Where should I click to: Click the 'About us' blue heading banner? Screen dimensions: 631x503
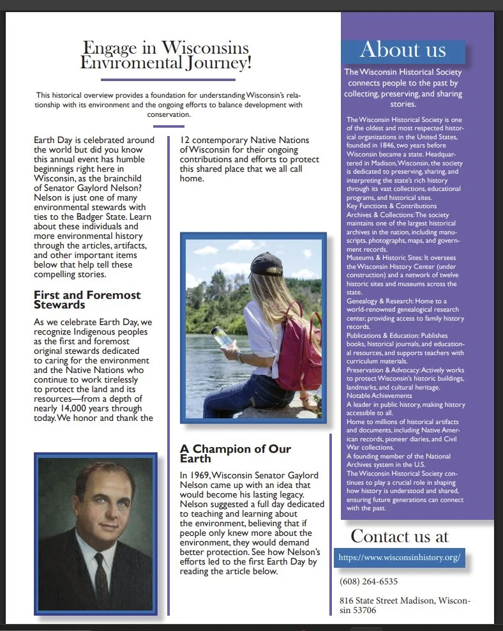coord(403,50)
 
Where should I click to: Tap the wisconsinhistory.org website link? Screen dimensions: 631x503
coord(399,558)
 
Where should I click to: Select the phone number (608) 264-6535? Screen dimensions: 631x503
coord(369,581)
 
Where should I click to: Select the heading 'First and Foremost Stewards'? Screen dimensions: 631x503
coord(87,300)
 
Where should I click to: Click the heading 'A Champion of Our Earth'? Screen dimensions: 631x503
coord(235,453)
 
